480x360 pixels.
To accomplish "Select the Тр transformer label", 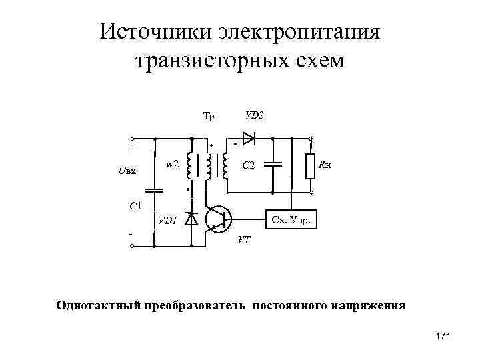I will click(209, 117).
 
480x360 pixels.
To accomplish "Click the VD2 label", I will click(253, 115).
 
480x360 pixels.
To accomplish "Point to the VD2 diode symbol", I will click(249, 139).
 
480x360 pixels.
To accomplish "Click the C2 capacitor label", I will click(249, 165).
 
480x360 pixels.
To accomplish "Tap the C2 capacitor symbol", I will click(272, 164).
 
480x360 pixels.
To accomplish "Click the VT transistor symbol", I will click(217, 218).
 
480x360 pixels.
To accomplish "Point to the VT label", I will click(245, 240).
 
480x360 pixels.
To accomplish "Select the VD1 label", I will click(167, 221).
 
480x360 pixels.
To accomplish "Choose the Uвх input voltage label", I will click(127, 171).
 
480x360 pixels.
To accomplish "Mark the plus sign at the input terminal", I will click(133, 149).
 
